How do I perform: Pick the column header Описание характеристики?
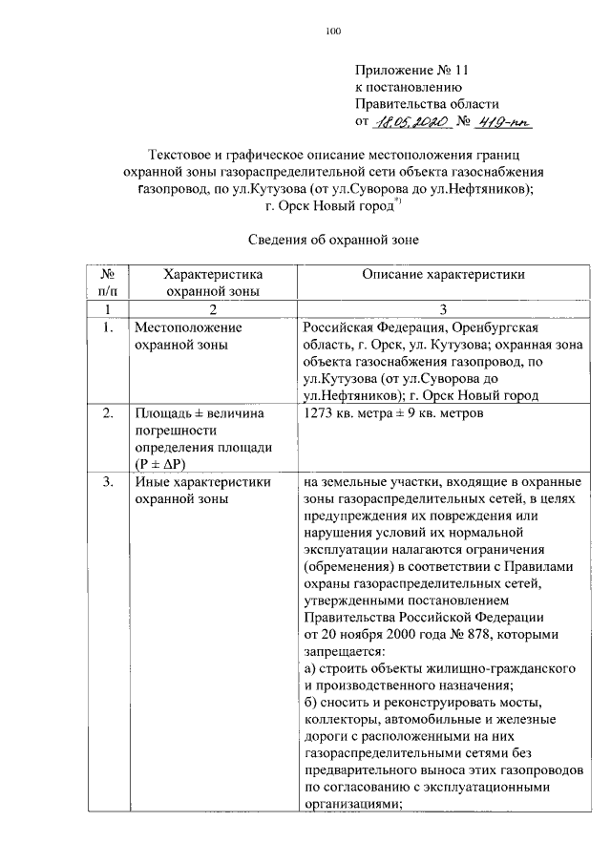(x=443, y=273)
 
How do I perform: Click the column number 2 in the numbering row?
(x=213, y=309)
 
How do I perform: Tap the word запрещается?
(x=344, y=652)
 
